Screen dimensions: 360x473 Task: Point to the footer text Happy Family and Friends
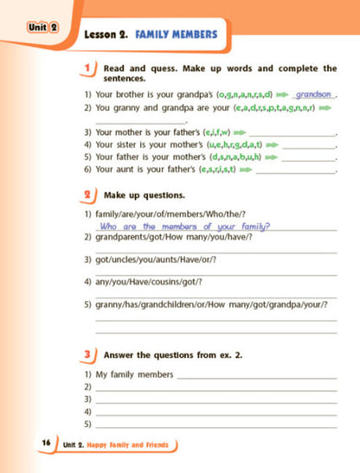pos(129,444)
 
